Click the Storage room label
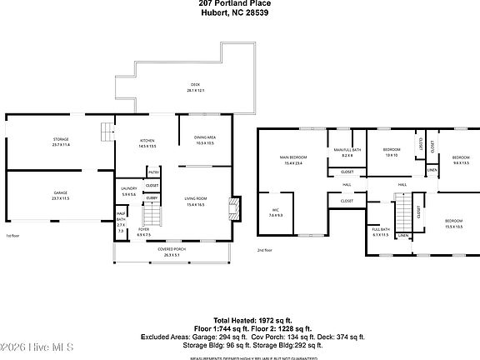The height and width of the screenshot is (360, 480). click(62, 139)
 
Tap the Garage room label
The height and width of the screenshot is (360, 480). click(62, 192)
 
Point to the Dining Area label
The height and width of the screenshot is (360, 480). click(205, 137)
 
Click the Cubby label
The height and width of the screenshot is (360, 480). click(152, 197)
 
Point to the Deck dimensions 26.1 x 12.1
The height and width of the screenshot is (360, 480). click(196, 90)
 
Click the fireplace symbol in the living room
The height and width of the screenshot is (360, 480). click(236, 205)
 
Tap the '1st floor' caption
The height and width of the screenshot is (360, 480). click(12, 236)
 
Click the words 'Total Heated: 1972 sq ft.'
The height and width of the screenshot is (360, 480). click(247, 319)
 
